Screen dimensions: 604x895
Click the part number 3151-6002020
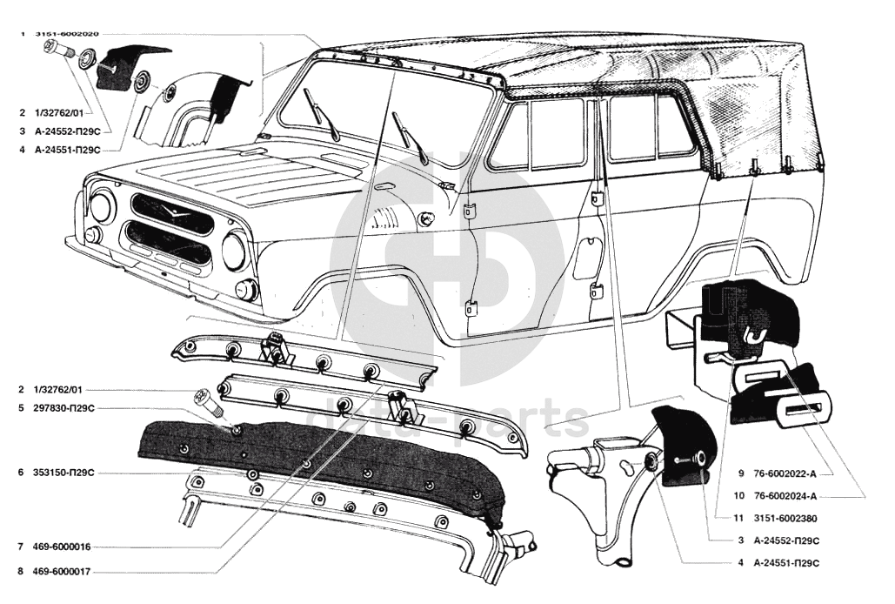pos(67,34)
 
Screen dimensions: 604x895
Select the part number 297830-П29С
pos(63,407)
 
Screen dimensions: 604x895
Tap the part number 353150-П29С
pos(63,473)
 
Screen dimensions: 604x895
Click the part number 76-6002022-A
pos(787,474)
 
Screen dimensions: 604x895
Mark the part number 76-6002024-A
pos(787,496)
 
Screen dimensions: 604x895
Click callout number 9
pos(740,474)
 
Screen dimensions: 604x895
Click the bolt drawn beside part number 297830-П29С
pos(209,401)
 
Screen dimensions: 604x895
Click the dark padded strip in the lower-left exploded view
pos(322,466)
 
